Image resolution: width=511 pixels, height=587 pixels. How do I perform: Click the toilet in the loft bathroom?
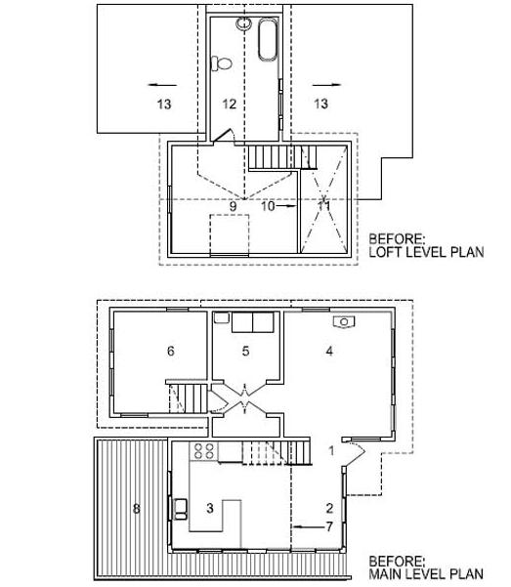click(221, 63)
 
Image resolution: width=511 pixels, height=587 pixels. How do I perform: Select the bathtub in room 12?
click(268, 39)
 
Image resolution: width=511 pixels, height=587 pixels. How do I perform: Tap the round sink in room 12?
click(243, 23)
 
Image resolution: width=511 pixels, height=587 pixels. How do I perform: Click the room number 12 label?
click(230, 104)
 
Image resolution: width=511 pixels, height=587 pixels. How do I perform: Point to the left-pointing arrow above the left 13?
click(162, 85)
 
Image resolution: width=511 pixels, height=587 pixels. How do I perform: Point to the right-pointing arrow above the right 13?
click(327, 85)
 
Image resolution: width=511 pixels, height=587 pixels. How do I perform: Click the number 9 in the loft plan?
click(233, 206)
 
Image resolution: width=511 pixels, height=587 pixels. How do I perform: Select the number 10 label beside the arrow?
click(269, 206)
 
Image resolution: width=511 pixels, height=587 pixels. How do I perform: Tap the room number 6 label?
click(170, 351)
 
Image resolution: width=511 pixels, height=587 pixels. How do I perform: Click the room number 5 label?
click(245, 351)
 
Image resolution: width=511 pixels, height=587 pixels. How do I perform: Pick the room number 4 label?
click(329, 351)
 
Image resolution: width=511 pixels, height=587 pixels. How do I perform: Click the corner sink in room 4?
click(344, 322)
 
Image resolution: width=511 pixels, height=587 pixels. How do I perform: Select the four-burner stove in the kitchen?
click(204, 450)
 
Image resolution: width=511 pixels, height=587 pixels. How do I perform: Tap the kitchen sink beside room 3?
click(181, 509)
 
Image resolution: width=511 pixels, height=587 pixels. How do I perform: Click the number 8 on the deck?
click(137, 509)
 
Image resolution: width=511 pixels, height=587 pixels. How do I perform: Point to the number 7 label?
click(329, 526)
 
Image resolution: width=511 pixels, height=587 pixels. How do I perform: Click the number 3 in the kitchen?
click(210, 508)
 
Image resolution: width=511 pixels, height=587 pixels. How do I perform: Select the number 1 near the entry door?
click(331, 450)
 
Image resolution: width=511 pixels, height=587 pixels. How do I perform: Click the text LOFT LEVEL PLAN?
click(426, 252)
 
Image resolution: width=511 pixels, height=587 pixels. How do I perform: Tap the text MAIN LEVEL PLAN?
click(426, 573)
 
